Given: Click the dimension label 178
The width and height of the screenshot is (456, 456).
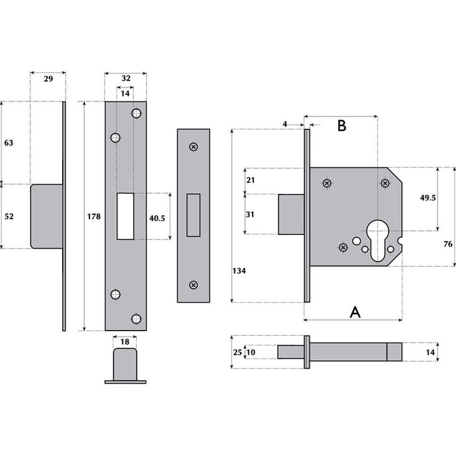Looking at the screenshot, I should pos(92,217).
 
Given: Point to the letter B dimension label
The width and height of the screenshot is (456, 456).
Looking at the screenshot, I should pos(341,125).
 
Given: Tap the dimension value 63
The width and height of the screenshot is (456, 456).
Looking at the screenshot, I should pos(9,143).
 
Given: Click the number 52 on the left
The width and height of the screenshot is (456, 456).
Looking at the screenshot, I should pos(9,216).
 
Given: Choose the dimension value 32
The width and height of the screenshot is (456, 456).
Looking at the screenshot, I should pos(125,78).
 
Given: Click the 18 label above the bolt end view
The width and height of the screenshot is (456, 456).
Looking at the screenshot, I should pos(125,341).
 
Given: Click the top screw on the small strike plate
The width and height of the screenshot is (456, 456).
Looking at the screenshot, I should pos(194,147).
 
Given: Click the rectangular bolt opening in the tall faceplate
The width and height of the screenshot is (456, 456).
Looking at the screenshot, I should pos(125,216).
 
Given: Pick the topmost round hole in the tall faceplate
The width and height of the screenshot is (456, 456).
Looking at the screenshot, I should pos(136,113).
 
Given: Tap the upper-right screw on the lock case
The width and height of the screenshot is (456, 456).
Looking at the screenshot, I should pos(384,184).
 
